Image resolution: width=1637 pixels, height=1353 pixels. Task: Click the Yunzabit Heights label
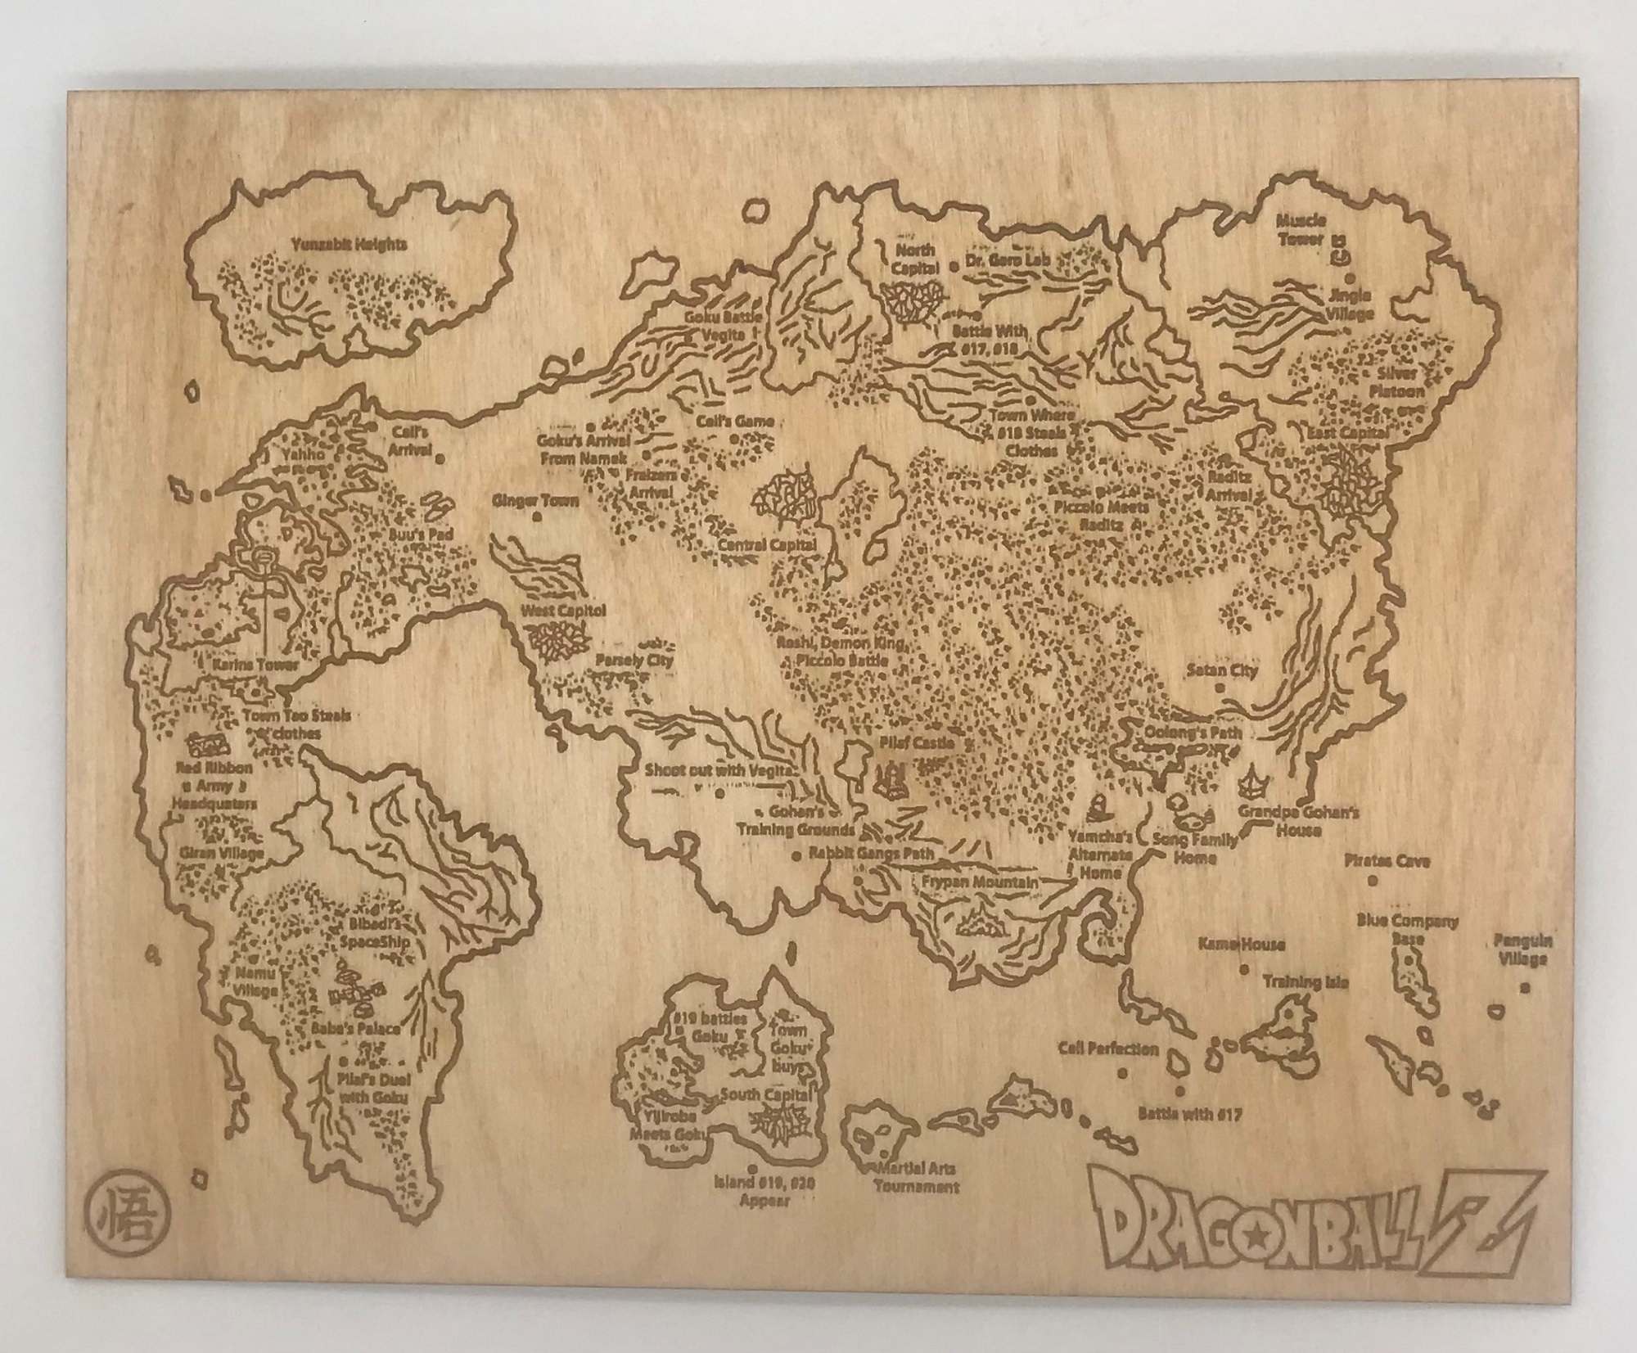point(352,244)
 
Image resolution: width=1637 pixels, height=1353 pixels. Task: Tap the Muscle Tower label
point(1302,230)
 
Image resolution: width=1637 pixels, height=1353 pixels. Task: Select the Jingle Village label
point(1351,305)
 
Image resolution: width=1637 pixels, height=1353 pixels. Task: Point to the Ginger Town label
point(535,500)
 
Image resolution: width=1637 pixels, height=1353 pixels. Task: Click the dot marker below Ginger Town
point(537,517)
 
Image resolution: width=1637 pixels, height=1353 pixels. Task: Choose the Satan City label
point(1222,670)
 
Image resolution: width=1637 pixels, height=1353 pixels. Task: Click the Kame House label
point(1241,944)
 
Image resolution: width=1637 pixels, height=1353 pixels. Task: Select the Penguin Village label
point(1522,949)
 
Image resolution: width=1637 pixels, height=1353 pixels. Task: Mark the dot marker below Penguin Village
point(1524,988)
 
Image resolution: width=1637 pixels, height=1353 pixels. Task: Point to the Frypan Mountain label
point(979,882)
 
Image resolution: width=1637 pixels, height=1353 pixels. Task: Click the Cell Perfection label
point(1108,1049)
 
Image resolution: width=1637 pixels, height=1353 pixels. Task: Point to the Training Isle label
point(1305,981)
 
